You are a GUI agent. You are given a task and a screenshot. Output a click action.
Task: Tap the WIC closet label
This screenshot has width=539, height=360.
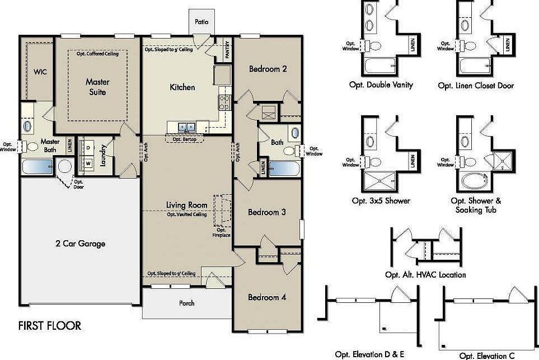click(x=40, y=72)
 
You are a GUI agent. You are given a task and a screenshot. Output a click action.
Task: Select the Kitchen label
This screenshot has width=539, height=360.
click(x=182, y=87)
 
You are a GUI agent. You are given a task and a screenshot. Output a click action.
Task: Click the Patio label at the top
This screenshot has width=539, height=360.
click(x=201, y=22)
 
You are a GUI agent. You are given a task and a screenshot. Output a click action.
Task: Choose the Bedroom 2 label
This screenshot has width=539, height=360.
click(x=268, y=69)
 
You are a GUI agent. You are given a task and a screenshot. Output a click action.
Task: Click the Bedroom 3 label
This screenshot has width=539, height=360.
click(x=267, y=212)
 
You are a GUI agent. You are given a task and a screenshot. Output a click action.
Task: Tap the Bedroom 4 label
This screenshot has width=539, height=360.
click(x=267, y=297)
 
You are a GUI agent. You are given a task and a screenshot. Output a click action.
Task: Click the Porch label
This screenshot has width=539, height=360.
click(x=187, y=303)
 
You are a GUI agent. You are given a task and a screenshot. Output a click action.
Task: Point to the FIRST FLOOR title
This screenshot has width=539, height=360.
click(x=50, y=326)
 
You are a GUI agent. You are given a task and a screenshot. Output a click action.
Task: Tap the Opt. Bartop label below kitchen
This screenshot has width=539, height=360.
click(x=185, y=139)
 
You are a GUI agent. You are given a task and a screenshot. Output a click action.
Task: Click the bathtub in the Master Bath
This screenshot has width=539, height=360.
click(x=37, y=167)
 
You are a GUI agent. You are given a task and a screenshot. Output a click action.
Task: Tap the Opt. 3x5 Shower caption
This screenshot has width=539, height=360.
click(x=381, y=200)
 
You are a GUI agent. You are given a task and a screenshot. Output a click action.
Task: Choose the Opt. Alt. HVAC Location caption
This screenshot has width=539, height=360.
click(x=425, y=275)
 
